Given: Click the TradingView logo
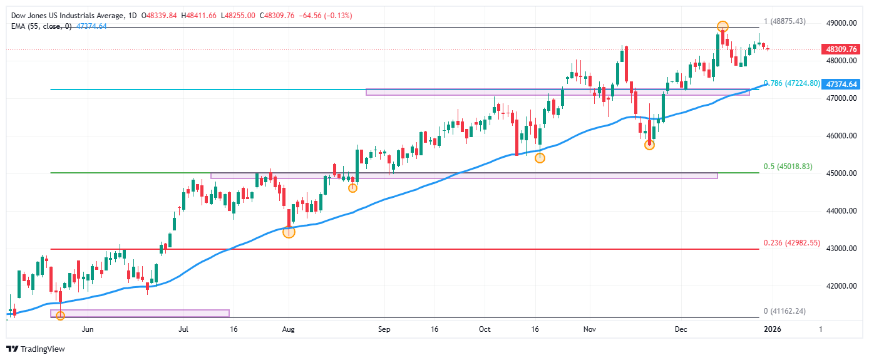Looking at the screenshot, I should pos(36,349).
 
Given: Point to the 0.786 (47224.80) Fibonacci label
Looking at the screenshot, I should pos(792,83).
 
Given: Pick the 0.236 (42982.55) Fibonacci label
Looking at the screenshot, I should pos(792,243).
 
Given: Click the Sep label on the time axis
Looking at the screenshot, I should pos(384,328).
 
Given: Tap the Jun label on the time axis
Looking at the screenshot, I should pos(88,328).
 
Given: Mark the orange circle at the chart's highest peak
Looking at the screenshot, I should pos(722,27).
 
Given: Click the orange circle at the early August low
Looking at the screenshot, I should pos(289,232).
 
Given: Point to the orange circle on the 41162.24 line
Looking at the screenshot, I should pos(60,316).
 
